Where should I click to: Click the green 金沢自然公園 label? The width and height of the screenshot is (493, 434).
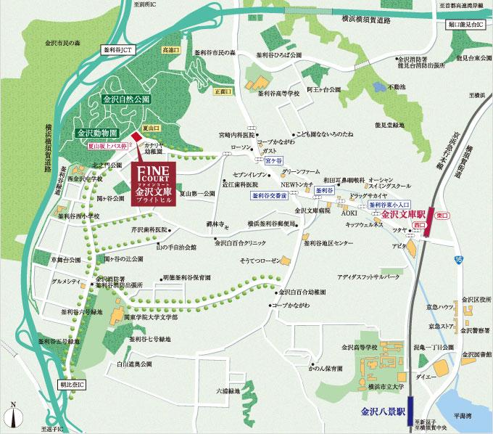pos(126,97)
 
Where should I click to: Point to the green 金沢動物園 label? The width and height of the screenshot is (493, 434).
pos(98,134)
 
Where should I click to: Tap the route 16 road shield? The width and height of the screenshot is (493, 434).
pos(459,259)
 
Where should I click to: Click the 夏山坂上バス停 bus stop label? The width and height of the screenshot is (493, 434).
pos(102,146)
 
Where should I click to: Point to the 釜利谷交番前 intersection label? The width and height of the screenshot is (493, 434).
pos(270,196)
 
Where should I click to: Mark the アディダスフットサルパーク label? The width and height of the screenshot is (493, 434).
pos(369,277)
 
